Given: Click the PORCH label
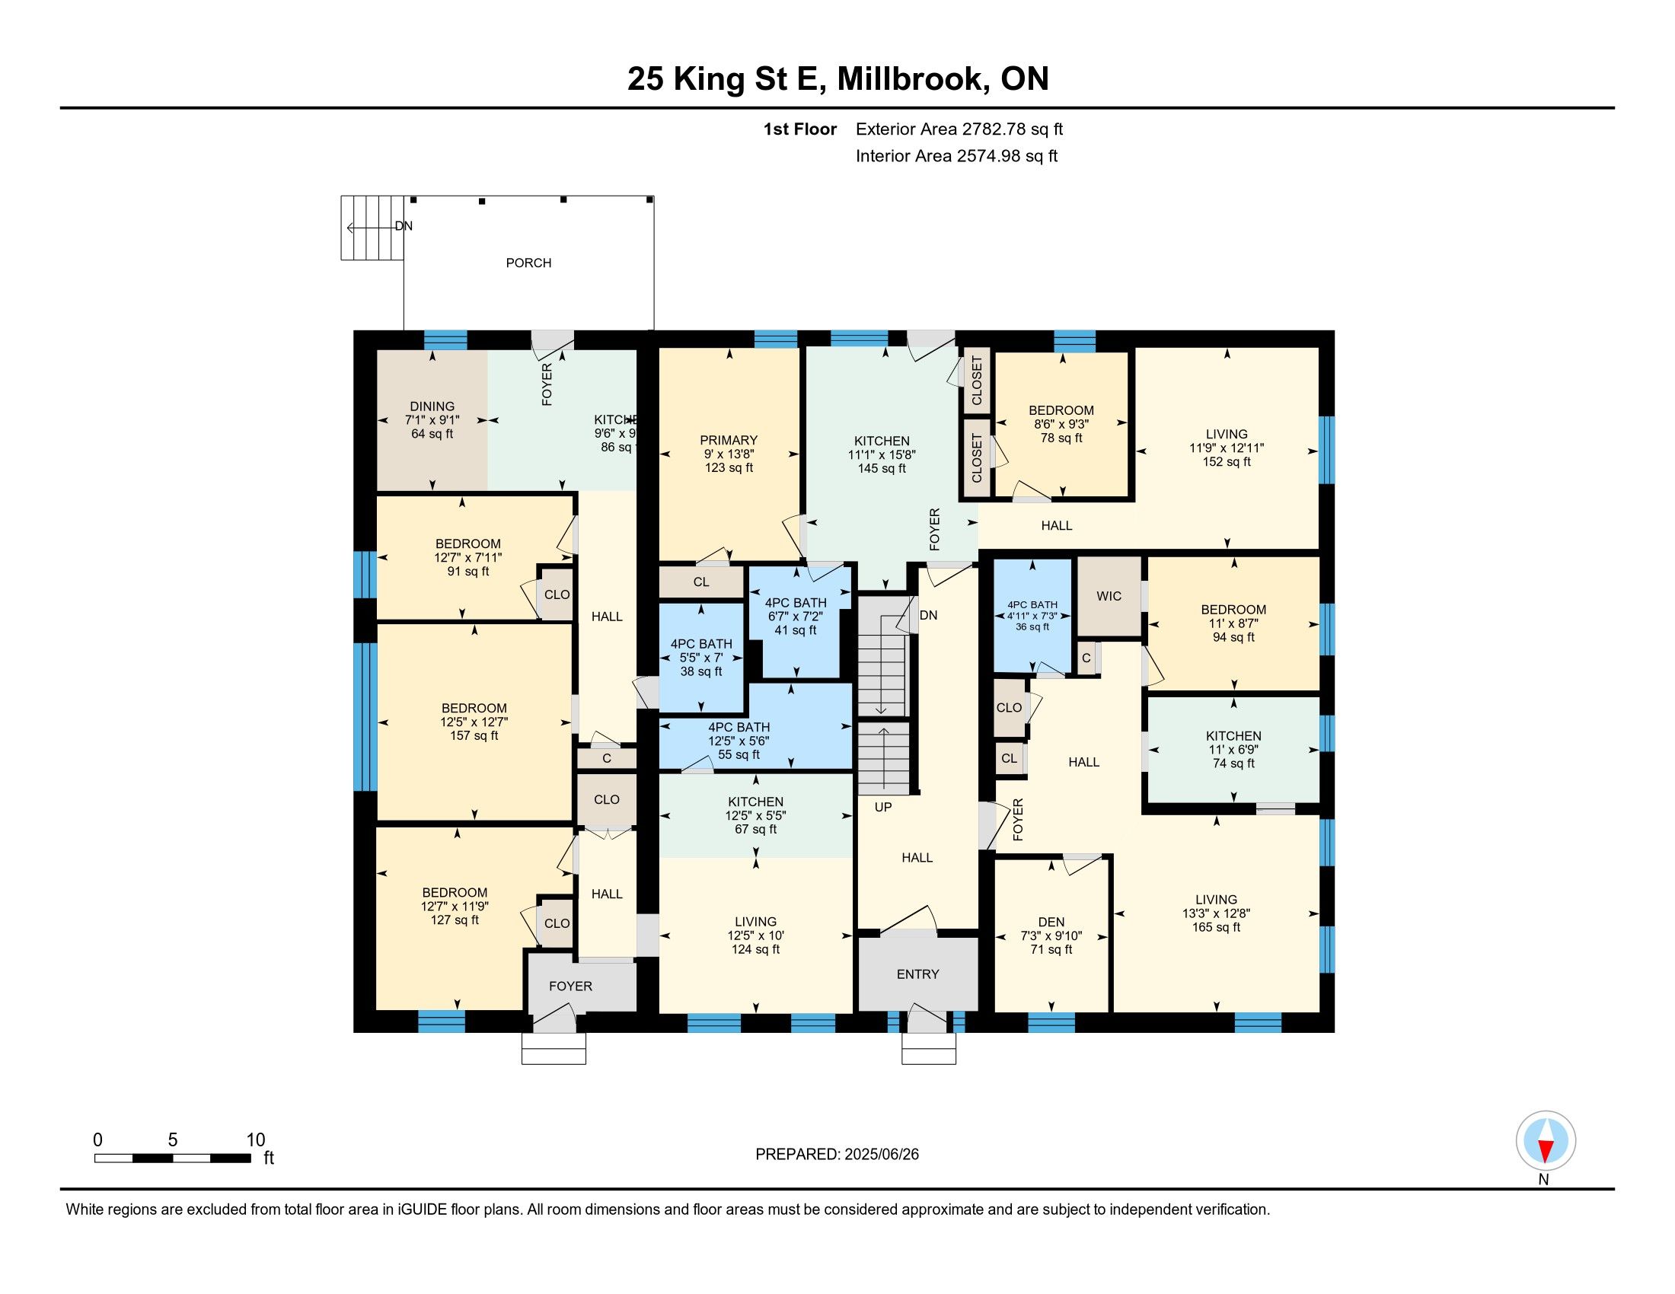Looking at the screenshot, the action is (x=528, y=263).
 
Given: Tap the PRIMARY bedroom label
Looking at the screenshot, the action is (x=729, y=440).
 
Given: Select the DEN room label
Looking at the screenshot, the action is (x=1051, y=923).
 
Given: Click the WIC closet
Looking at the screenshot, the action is (x=1109, y=597).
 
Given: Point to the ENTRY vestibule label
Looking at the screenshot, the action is (x=918, y=974).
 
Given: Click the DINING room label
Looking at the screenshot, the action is (x=432, y=406).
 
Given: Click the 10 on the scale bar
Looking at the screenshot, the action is (x=255, y=1140).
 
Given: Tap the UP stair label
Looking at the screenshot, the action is (x=882, y=807).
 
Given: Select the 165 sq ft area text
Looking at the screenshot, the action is (x=1216, y=928).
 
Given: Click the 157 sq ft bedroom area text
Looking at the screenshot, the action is (x=474, y=736).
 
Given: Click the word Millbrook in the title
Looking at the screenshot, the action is (x=912, y=79).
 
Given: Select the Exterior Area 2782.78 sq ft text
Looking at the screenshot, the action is (x=959, y=129).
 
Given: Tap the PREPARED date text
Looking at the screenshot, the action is (x=837, y=1155).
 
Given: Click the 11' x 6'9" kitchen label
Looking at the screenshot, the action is (x=1233, y=750).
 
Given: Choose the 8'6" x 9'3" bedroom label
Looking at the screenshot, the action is (x=1061, y=424).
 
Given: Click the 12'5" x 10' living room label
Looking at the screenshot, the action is (x=755, y=936).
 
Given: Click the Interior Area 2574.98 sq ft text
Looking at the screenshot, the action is (x=956, y=156).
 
